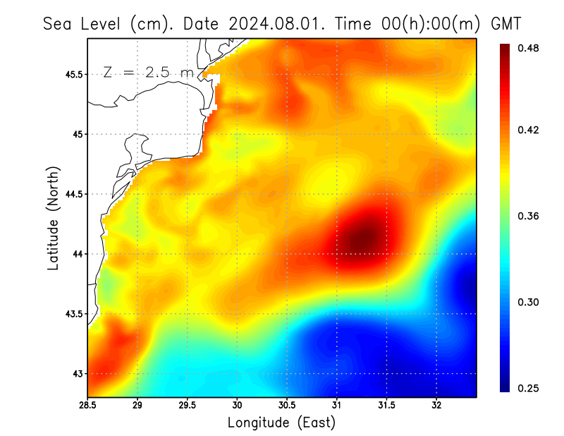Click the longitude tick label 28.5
[87, 406]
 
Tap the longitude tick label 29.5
[187, 406]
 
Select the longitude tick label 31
[336, 406]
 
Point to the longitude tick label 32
[436, 406]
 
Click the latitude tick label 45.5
[73, 74]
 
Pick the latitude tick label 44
[78, 254]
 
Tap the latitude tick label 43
[78, 374]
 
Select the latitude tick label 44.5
[73, 194]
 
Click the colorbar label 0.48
[529, 48]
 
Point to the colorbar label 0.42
[529, 130]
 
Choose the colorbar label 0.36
[529, 216]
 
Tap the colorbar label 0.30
[529, 302]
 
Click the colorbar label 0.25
[529, 388]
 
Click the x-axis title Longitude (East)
[281, 423]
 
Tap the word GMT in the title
[505, 23]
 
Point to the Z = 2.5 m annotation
[148, 73]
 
